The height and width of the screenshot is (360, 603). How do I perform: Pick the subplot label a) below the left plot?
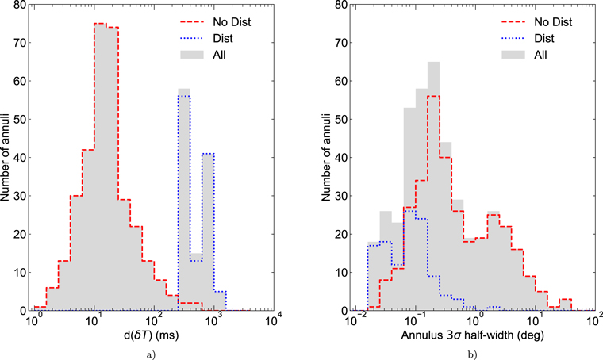tap(154, 353)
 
